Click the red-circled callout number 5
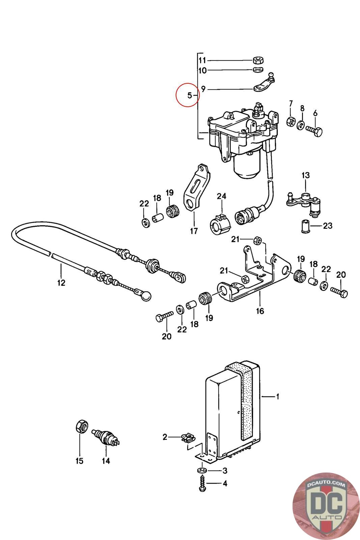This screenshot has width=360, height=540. coord(189,96)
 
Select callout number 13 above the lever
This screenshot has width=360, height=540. coord(305,175)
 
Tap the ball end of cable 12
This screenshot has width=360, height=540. coord(146,296)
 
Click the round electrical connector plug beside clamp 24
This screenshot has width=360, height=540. coord(245,214)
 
